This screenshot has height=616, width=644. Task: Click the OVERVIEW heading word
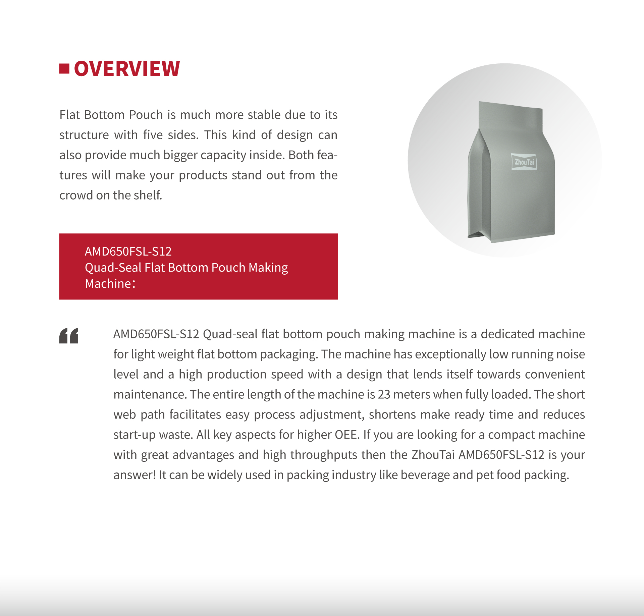point(127,69)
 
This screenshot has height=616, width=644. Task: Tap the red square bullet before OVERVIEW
point(64,68)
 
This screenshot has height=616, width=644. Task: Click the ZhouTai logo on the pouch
point(524,162)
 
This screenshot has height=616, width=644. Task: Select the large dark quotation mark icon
point(69,336)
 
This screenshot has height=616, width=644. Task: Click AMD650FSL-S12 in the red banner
point(128,251)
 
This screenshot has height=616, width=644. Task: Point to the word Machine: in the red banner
point(110,284)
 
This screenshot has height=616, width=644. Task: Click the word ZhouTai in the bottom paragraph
point(433,455)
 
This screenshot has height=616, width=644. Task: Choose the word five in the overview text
point(153,135)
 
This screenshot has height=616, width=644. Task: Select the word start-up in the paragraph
point(135,435)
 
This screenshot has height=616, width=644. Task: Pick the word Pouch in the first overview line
point(146,115)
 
